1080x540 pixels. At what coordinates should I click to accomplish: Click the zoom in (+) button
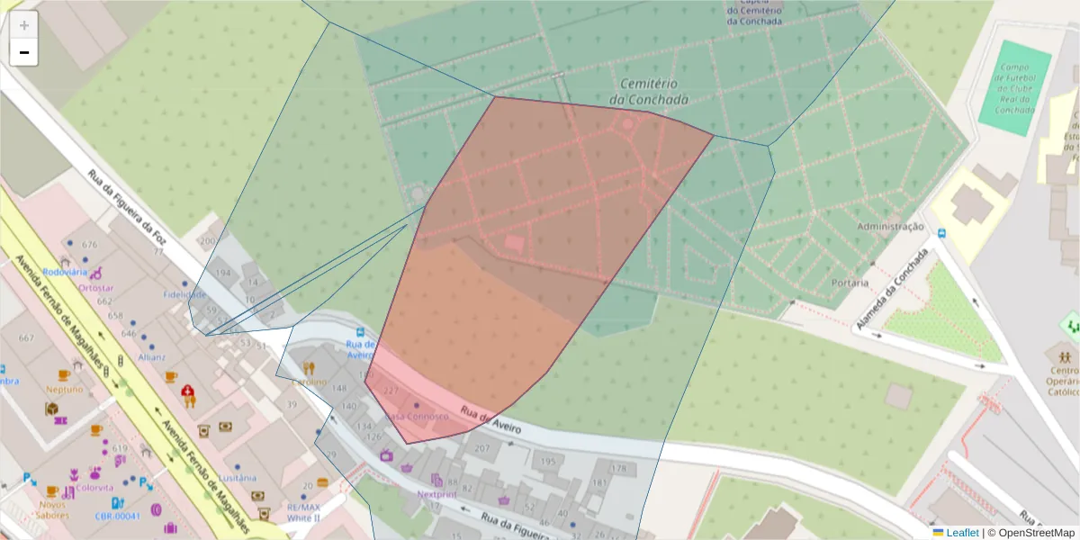pyautogui.click(x=24, y=25)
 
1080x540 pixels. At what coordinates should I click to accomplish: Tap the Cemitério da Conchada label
pyautogui.click(x=648, y=90)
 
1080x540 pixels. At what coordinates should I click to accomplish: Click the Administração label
pyautogui.click(x=890, y=227)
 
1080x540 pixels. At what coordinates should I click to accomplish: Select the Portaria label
pyautogui.click(x=850, y=283)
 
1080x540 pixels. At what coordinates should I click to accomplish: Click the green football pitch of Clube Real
pyautogui.click(x=1014, y=88)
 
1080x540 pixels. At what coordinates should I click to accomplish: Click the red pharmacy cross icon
pyautogui.click(x=188, y=391)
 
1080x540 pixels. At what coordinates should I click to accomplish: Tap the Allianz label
pyautogui.click(x=152, y=356)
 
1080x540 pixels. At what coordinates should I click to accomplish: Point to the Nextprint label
pyautogui.click(x=437, y=494)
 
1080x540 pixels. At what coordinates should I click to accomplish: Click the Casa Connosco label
pyautogui.click(x=416, y=417)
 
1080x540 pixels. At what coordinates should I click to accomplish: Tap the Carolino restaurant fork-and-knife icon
pyautogui.click(x=309, y=368)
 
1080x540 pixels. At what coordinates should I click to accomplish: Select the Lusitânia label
pyautogui.click(x=238, y=478)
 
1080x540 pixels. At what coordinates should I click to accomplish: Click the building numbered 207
pyautogui.click(x=482, y=448)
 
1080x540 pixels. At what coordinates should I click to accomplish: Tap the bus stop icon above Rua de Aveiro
pyautogui.click(x=361, y=331)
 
